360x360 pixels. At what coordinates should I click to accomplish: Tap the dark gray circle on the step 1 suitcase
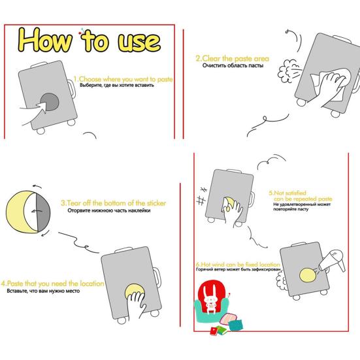point(48,103)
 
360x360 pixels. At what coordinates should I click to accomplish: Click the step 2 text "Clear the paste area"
point(232,59)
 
